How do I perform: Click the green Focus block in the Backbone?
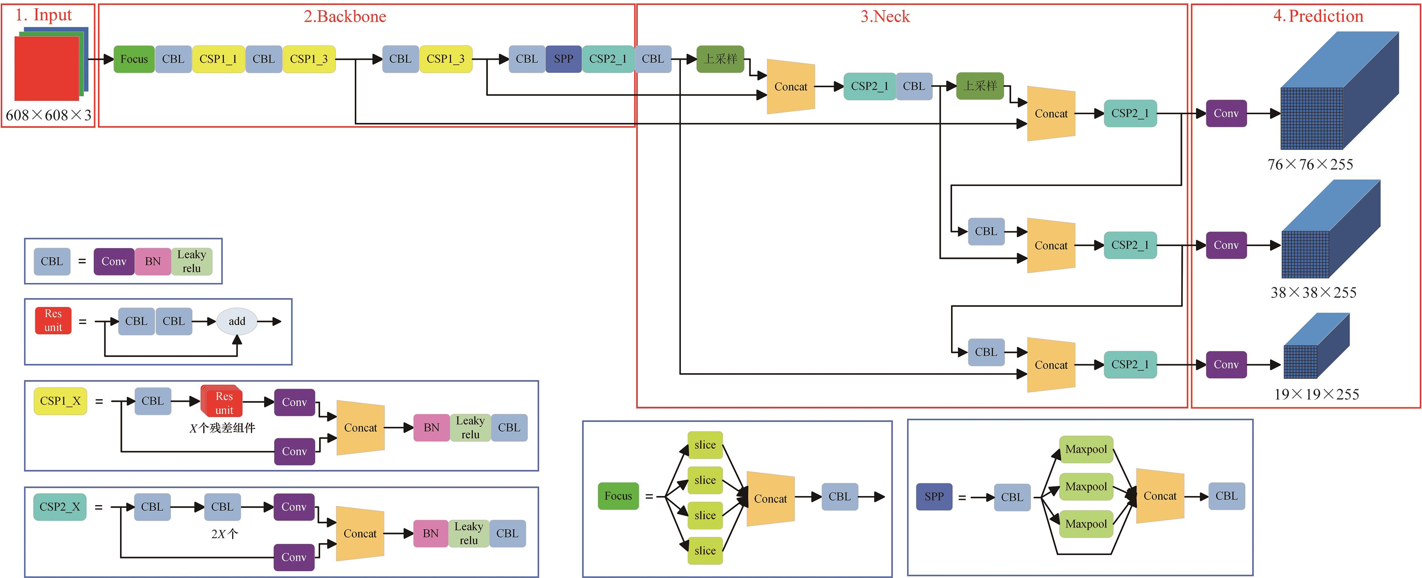[134, 59]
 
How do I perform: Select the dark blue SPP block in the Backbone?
[563, 59]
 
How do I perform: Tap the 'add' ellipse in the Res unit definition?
[237, 321]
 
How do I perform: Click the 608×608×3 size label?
[49, 115]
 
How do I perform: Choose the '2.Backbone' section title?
[345, 17]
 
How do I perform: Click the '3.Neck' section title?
[885, 17]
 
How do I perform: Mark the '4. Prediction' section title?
[1318, 16]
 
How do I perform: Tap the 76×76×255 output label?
[1310, 164]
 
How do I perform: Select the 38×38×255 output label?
[1313, 292]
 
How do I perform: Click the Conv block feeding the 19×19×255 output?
[1226, 365]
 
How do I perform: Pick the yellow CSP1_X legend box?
[60, 401]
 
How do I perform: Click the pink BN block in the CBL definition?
[153, 262]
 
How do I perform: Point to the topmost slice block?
[705, 445]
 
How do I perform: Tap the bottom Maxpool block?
[1086, 524]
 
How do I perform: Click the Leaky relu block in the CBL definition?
[191, 262]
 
